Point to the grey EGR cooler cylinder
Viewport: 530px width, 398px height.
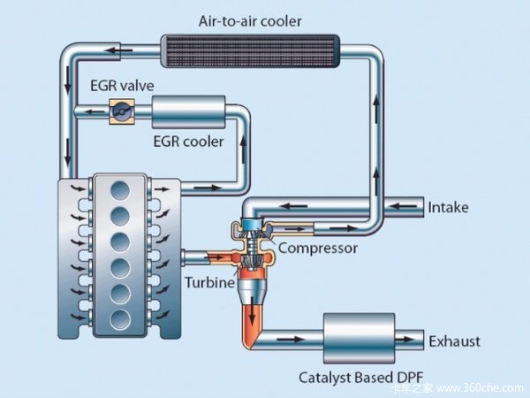click(187, 112)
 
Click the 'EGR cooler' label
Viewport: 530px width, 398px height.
click(188, 141)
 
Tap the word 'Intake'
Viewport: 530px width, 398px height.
click(448, 208)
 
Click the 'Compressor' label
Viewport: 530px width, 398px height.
click(317, 249)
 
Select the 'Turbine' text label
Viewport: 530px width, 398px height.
click(210, 283)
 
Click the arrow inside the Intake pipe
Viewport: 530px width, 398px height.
click(403, 208)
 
